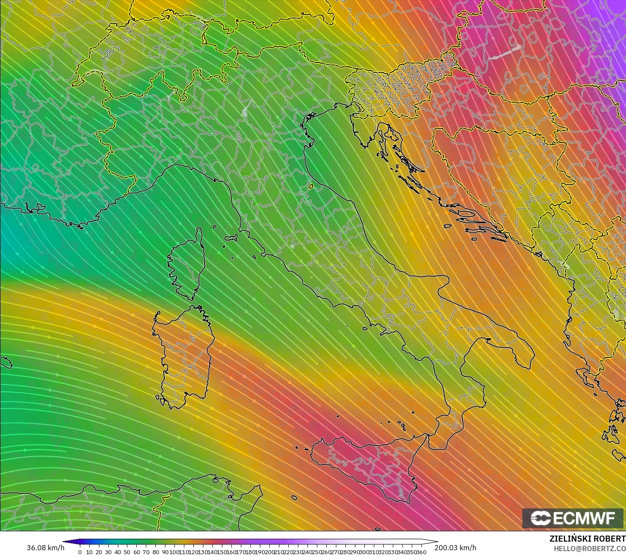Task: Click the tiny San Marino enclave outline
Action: (x=311, y=186)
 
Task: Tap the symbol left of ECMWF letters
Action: (x=540, y=518)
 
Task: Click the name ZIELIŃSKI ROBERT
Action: (x=587, y=539)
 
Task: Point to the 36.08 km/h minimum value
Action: (x=45, y=548)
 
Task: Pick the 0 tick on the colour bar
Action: (x=80, y=552)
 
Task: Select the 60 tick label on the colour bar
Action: (x=137, y=552)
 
